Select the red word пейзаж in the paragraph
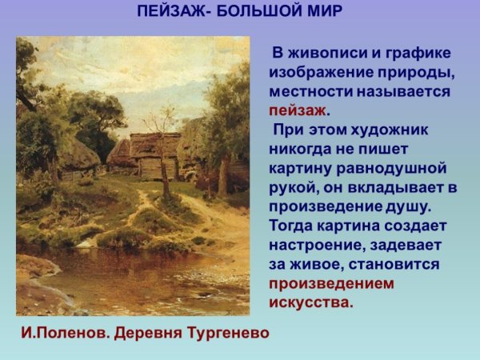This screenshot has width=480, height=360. click(x=297, y=111)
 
